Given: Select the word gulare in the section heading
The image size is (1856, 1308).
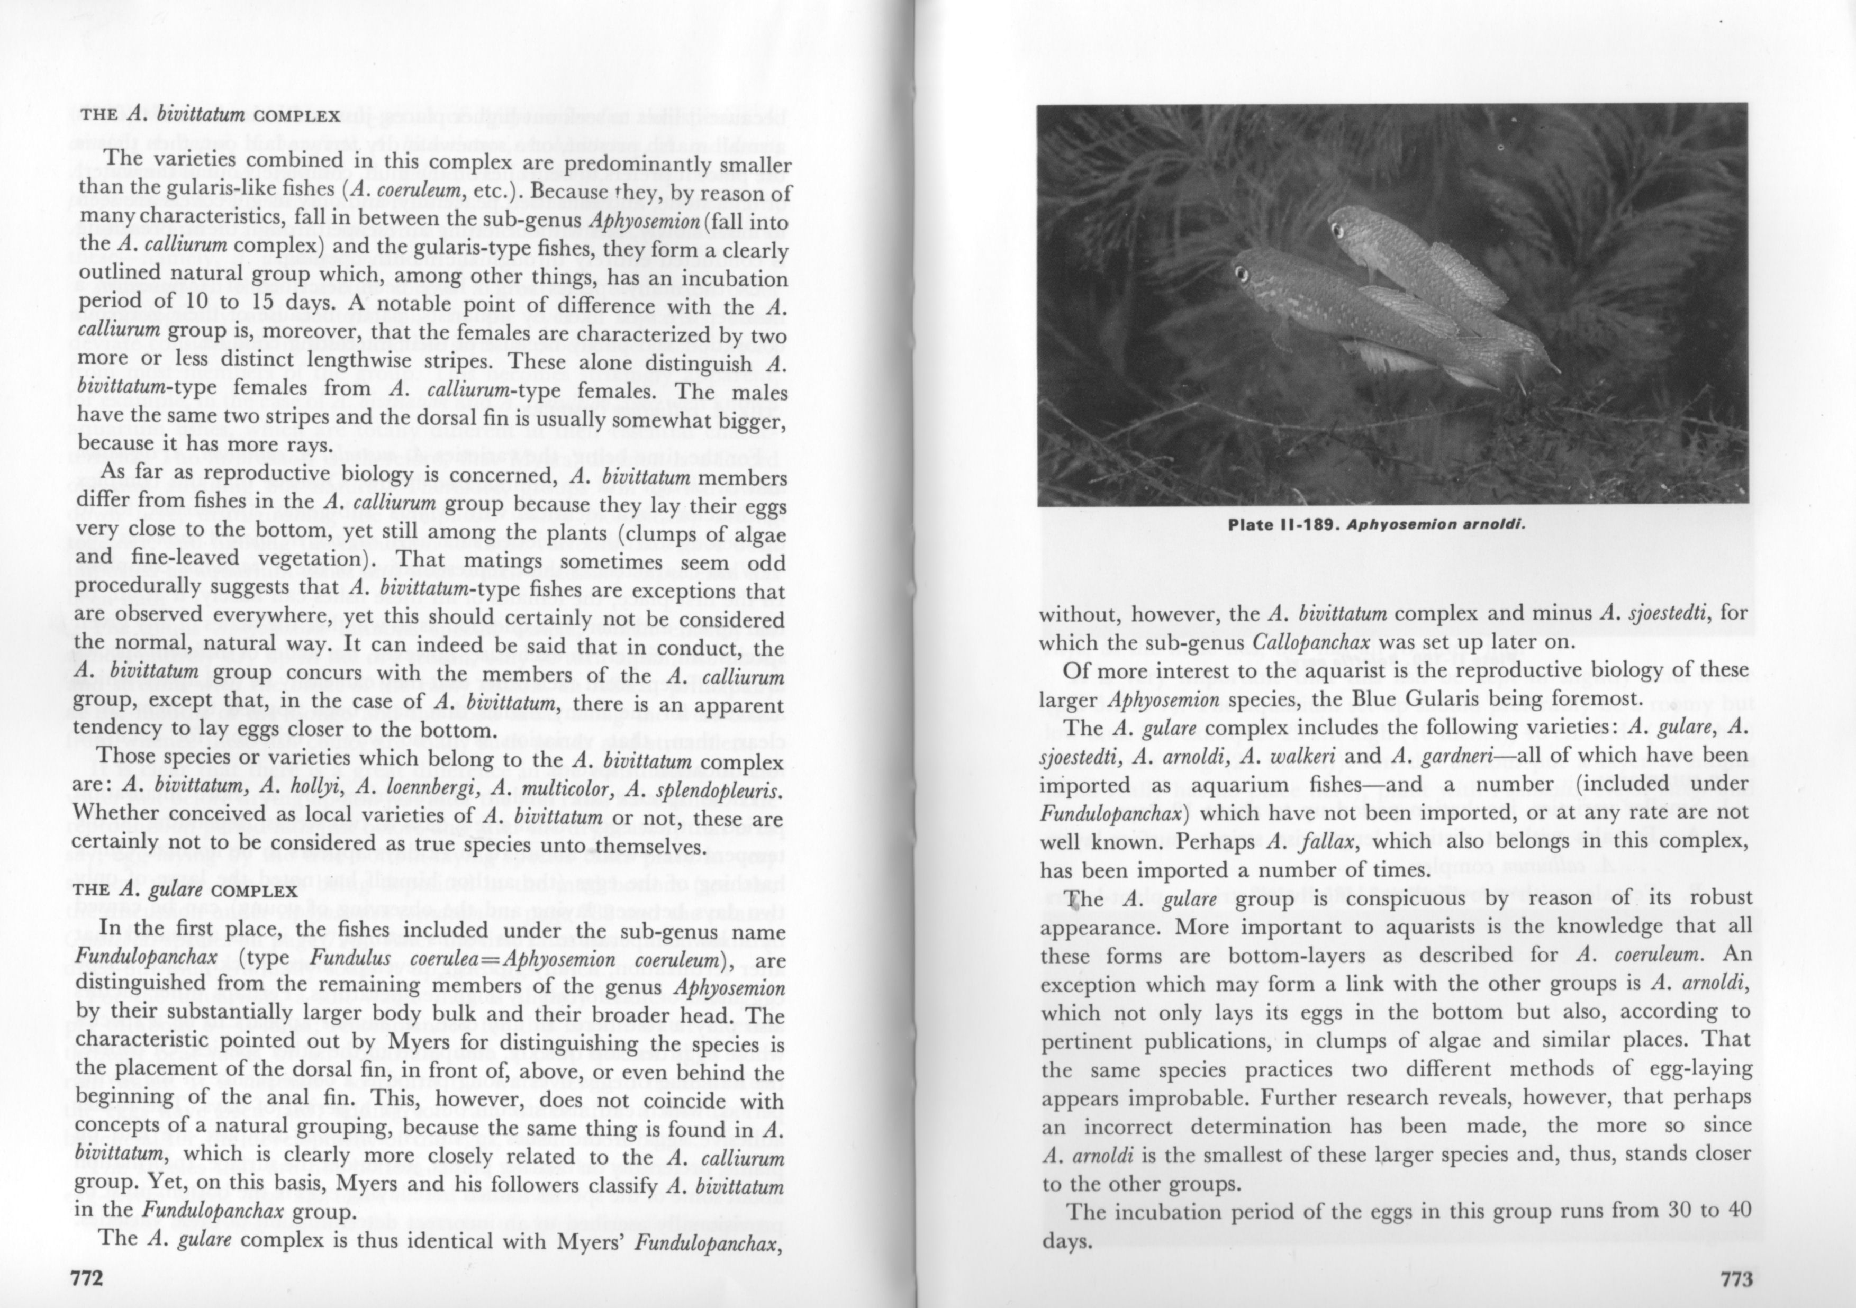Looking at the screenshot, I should [x=168, y=891].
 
